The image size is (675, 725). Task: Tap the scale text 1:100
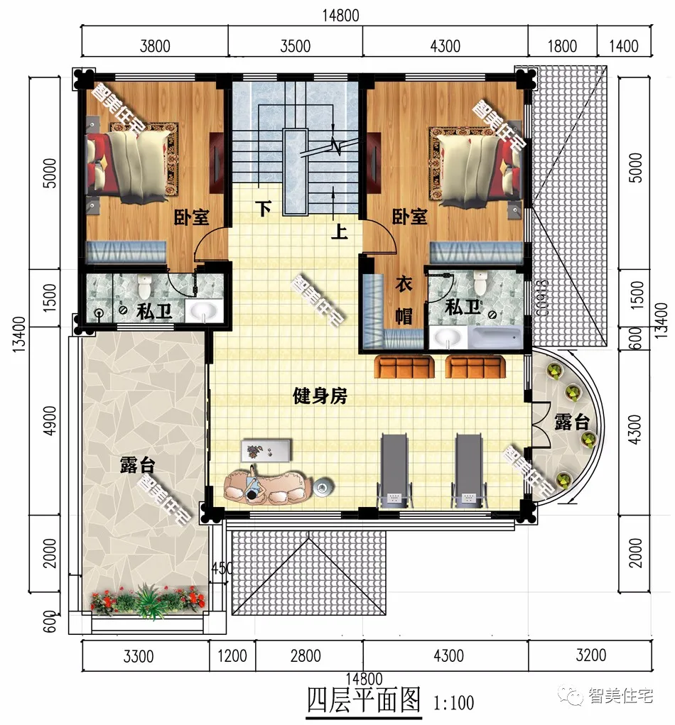click(x=453, y=704)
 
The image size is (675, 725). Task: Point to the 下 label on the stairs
click(x=264, y=209)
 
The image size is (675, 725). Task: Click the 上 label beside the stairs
click(x=339, y=232)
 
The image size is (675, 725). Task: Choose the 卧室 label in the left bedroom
click(x=192, y=217)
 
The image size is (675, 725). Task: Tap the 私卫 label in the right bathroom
click(x=463, y=308)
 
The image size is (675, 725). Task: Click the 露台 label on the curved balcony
click(x=572, y=423)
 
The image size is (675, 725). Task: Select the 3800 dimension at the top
click(x=155, y=47)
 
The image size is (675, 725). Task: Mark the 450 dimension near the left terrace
click(x=222, y=568)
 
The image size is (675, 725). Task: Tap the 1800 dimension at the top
click(x=563, y=47)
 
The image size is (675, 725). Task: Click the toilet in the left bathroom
click(x=146, y=287)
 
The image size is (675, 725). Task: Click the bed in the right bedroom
click(x=472, y=165)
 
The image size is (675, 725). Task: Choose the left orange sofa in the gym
click(x=404, y=367)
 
